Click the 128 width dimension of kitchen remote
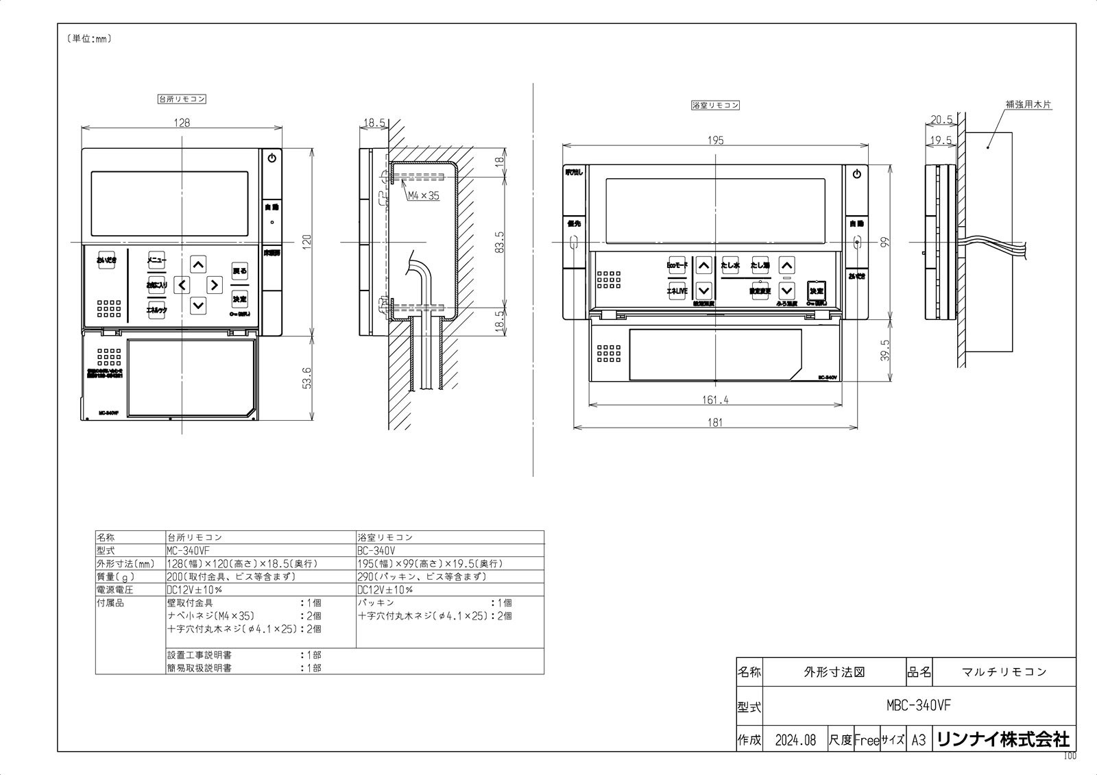pos(182,123)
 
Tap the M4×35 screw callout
pos(423,196)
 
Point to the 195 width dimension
pos(715,140)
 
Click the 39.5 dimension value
pos(885,350)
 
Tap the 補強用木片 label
pos(1028,105)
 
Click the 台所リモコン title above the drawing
pos(182,99)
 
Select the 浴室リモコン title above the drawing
pos(715,106)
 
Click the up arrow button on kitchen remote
pos(198,264)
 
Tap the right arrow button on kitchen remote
pos(215,284)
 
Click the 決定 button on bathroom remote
pos(816,291)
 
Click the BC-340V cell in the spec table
pos(376,551)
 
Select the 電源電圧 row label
pos(115,590)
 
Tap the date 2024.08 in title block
pos(795,741)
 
